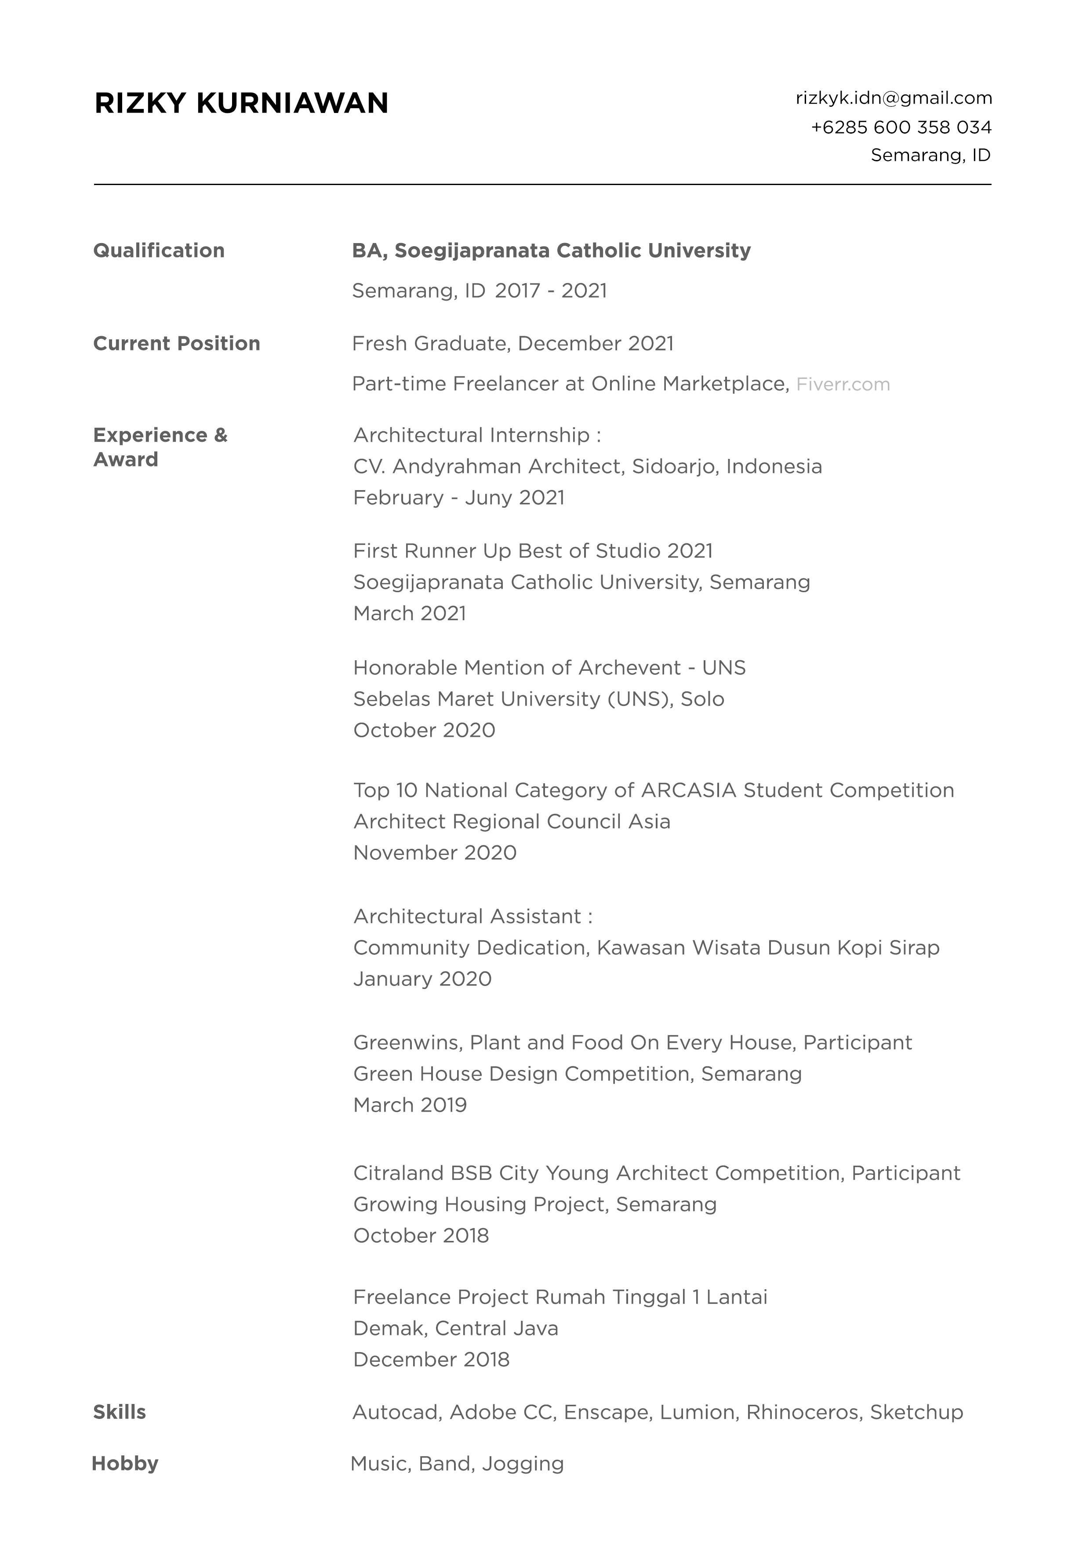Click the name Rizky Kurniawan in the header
point(241,103)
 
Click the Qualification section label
point(159,251)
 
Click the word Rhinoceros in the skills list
point(803,1412)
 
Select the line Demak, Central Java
point(455,1328)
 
